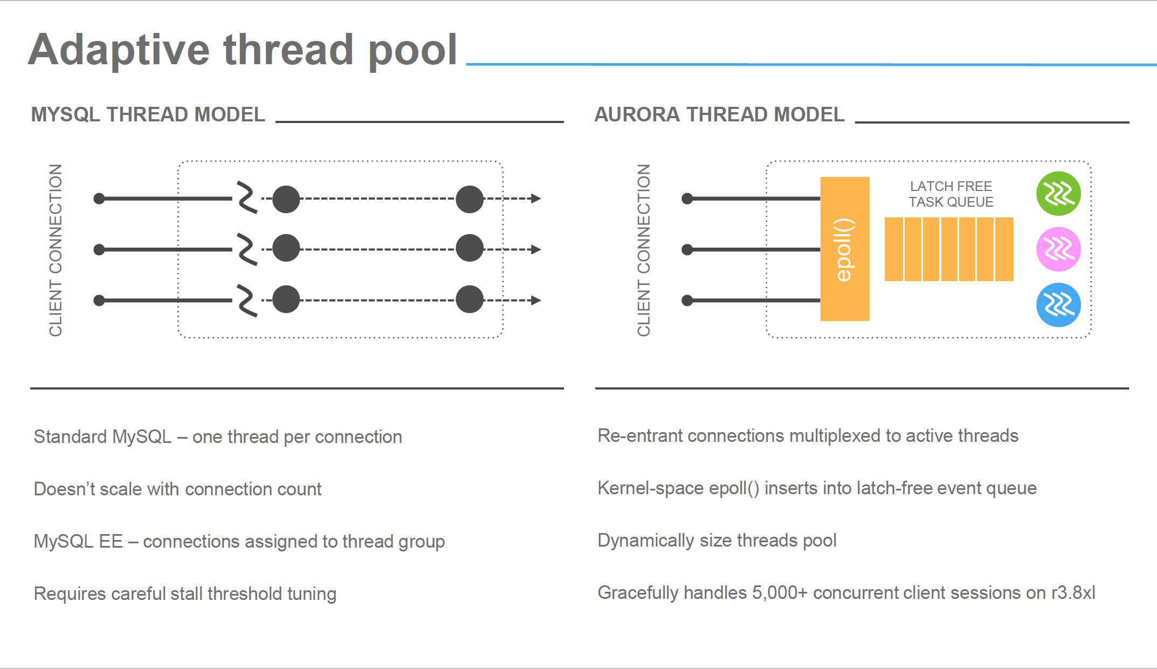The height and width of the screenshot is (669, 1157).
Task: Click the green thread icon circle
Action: [x=1058, y=194]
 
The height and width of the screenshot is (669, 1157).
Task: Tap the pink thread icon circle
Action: [x=1058, y=249]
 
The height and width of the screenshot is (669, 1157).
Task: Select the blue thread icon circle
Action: [x=1058, y=305]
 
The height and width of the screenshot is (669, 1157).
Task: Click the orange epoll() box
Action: [x=845, y=249]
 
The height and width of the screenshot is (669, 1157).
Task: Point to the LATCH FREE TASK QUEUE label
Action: [x=951, y=194]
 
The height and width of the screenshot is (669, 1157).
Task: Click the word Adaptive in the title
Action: [x=119, y=50]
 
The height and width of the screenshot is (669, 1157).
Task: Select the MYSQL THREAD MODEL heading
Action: [x=148, y=114]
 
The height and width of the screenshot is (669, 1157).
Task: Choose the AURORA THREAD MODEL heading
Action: [x=719, y=114]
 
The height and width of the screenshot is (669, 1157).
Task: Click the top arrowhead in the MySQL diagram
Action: [x=535, y=199]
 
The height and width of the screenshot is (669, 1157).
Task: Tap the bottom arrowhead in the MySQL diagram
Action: [x=535, y=301]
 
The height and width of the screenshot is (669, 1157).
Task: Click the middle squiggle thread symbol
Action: [x=247, y=249]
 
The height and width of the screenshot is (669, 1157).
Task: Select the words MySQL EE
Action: [x=78, y=541]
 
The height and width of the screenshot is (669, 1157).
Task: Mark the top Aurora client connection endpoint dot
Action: [x=687, y=199]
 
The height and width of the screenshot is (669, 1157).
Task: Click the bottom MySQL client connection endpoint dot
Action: [x=99, y=301]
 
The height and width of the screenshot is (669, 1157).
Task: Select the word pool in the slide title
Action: [x=412, y=51]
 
